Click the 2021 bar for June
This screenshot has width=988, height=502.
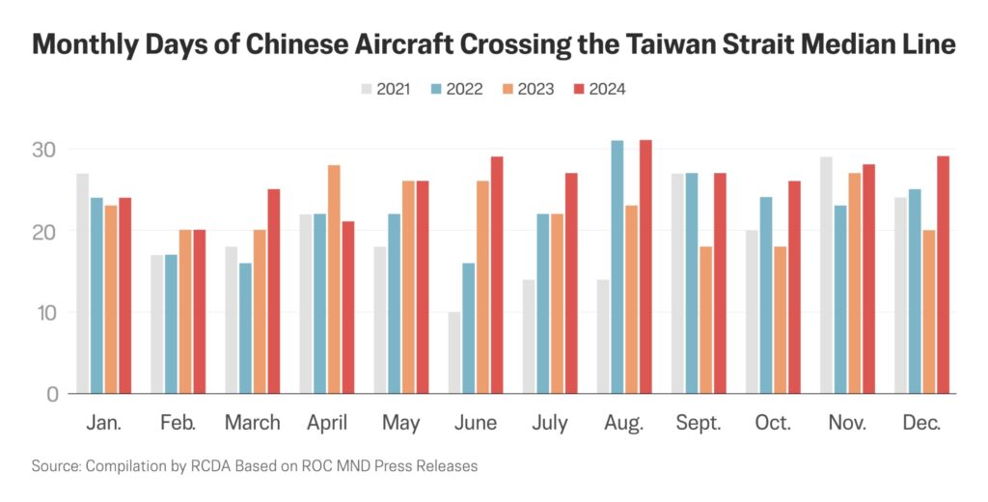pyautogui.click(x=453, y=353)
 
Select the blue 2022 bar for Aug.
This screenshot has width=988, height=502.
pyautogui.click(x=617, y=267)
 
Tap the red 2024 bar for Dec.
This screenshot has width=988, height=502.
pyautogui.click(x=943, y=275)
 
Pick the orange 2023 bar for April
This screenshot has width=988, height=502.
pyautogui.click(x=334, y=280)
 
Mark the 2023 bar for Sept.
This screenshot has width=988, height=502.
pyautogui.click(x=706, y=321)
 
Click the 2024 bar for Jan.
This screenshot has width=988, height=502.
pyautogui.click(x=124, y=295)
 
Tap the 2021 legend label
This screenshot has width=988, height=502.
pyautogui.click(x=394, y=90)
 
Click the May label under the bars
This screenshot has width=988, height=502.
pyautogui.click(x=401, y=423)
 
